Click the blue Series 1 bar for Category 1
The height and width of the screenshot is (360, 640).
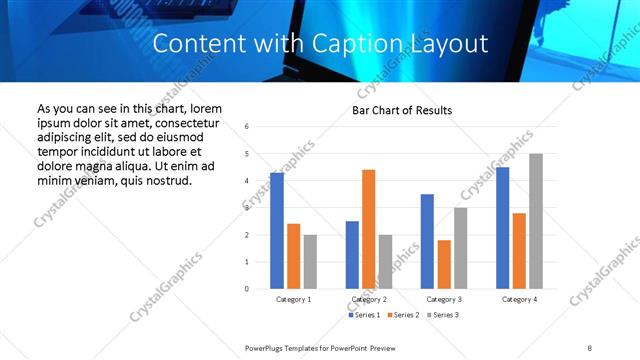coord(277,231)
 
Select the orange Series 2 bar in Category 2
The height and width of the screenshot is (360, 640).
coord(368,229)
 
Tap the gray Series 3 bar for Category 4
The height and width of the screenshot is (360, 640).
coord(536,221)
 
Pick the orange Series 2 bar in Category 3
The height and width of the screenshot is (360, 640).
coord(444,264)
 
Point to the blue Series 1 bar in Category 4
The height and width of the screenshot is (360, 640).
coord(502,228)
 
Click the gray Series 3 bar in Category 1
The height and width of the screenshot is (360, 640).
coord(310,262)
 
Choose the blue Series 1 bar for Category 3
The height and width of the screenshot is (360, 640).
coord(427,241)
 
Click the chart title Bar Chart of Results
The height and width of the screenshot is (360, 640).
coord(402,110)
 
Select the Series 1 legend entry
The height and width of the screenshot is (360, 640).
coord(362,315)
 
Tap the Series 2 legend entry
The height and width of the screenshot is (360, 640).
coord(402,315)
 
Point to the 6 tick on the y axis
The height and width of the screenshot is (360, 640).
coord(246,126)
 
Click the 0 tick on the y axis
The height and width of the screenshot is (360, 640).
coord(246,289)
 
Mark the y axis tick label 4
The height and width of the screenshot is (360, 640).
coord(246,181)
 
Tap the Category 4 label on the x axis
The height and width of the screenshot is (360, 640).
coord(519,299)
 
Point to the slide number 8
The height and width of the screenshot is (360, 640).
coord(589,347)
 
